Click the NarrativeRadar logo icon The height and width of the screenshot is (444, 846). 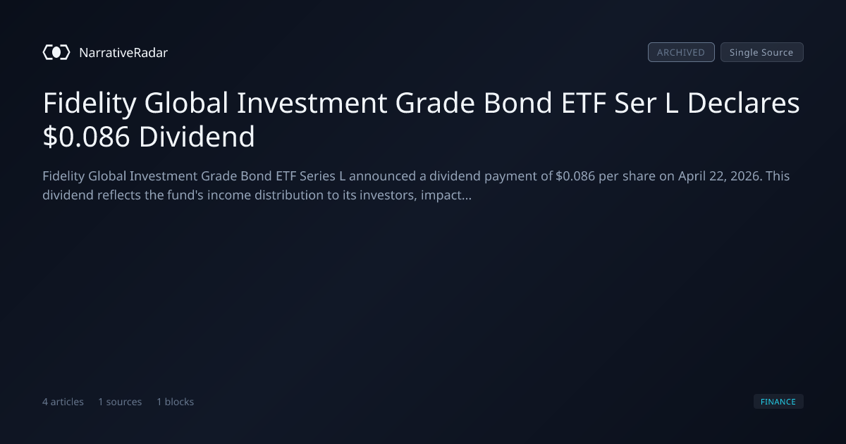(56, 52)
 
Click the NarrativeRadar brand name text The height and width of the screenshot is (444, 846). (123, 53)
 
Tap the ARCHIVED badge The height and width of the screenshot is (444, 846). (681, 52)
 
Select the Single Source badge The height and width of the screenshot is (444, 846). (762, 52)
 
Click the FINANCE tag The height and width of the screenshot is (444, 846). (778, 402)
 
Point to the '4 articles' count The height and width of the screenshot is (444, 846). (63, 402)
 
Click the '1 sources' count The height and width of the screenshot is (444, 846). (120, 402)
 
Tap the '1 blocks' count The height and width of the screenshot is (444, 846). (176, 402)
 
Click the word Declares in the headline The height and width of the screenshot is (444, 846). (743, 103)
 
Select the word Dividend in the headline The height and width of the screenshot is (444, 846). (197, 136)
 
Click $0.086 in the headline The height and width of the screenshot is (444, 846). (87, 137)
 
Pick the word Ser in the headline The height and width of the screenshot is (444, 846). (635, 103)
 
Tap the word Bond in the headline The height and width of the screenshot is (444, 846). (517, 103)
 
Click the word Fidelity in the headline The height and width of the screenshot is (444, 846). (90, 104)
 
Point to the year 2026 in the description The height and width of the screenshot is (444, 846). (746, 176)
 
